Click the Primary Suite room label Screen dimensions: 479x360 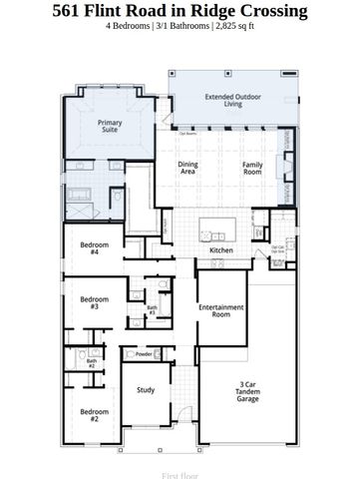[x=110, y=127]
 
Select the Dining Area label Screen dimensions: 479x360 [x=186, y=168]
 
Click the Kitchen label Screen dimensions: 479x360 [x=221, y=249]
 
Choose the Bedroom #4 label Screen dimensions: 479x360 [x=94, y=247]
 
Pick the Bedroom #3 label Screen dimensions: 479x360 [x=94, y=302]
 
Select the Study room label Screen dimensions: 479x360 [x=146, y=391]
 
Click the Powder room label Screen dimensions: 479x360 [x=144, y=354]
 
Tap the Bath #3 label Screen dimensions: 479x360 [x=152, y=311]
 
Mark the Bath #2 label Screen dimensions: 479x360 [x=91, y=363]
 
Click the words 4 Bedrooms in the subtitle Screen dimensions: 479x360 [x=130, y=27]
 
